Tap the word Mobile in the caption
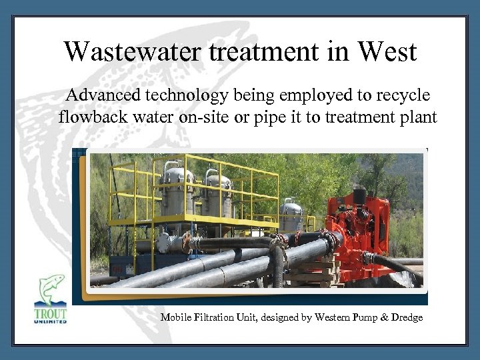175,317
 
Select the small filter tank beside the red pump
291,215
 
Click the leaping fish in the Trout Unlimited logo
51,289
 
